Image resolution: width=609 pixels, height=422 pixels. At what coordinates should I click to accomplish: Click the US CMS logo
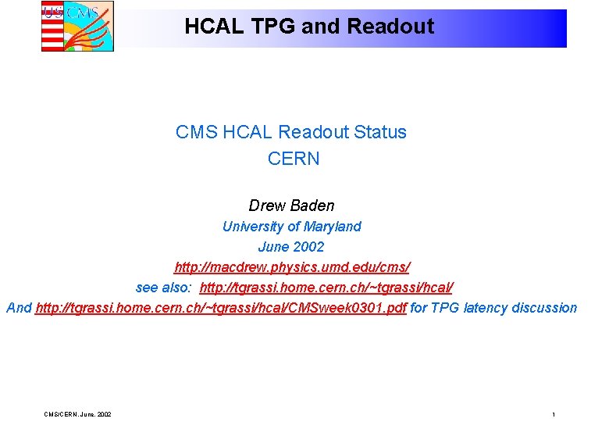pyautogui.click(x=77, y=26)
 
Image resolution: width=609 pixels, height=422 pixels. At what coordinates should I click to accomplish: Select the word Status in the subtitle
pyautogui.click(x=380, y=132)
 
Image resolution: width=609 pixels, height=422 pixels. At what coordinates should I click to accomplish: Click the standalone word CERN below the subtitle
pyautogui.click(x=293, y=159)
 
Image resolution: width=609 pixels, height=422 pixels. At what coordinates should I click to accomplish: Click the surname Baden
pyautogui.click(x=313, y=206)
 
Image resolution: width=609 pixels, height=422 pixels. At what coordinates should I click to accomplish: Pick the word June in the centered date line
pyautogui.click(x=274, y=247)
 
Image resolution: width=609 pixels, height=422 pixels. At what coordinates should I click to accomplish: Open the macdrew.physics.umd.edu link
pyautogui.click(x=292, y=267)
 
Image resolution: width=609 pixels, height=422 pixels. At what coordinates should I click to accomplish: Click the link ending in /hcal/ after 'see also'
pyautogui.click(x=326, y=288)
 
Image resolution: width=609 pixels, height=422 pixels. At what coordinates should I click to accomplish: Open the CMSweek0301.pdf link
pyautogui.click(x=221, y=308)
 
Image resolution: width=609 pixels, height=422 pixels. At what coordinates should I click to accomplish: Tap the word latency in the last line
pyautogui.click(x=485, y=308)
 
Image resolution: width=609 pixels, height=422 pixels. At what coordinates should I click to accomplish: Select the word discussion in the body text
pyautogui.click(x=544, y=308)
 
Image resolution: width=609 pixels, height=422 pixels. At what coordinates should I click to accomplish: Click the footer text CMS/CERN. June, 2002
pyautogui.click(x=77, y=413)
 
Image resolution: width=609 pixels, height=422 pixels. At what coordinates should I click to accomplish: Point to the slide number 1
pyautogui.click(x=553, y=413)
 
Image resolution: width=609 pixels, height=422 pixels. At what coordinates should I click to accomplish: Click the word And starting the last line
pyautogui.click(x=19, y=308)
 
